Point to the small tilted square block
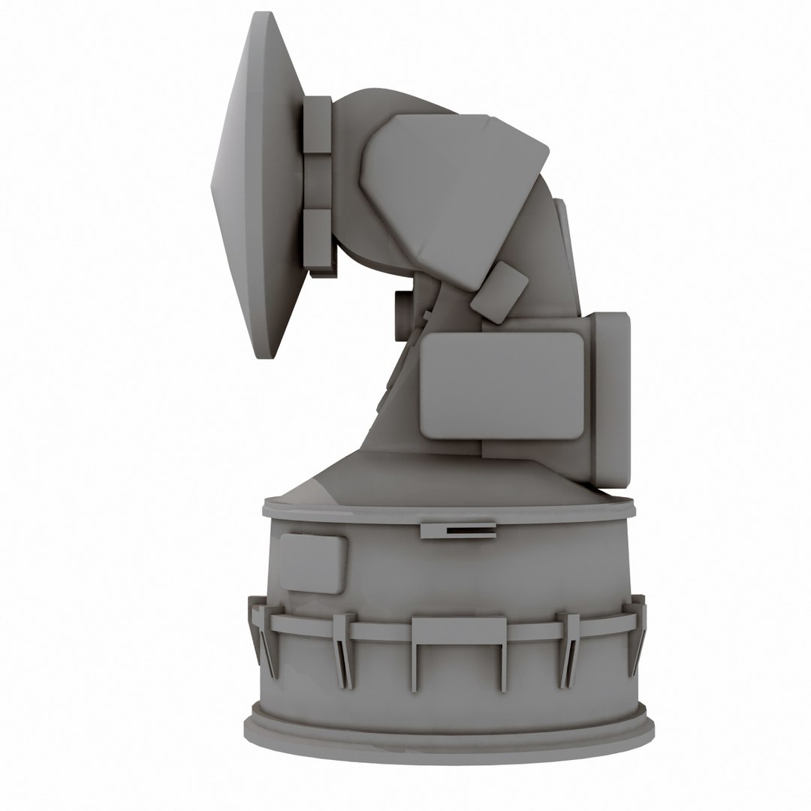(x=499, y=292)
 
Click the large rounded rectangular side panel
(x=502, y=385)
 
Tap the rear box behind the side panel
(x=610, y=398)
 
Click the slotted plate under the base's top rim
(x=458, y=530)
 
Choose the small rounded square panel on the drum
(x=312, y=563)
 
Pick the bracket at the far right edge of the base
(x=638, y=631)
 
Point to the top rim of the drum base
(x=449, y=511)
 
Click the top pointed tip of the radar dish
(x=261, y=15)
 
